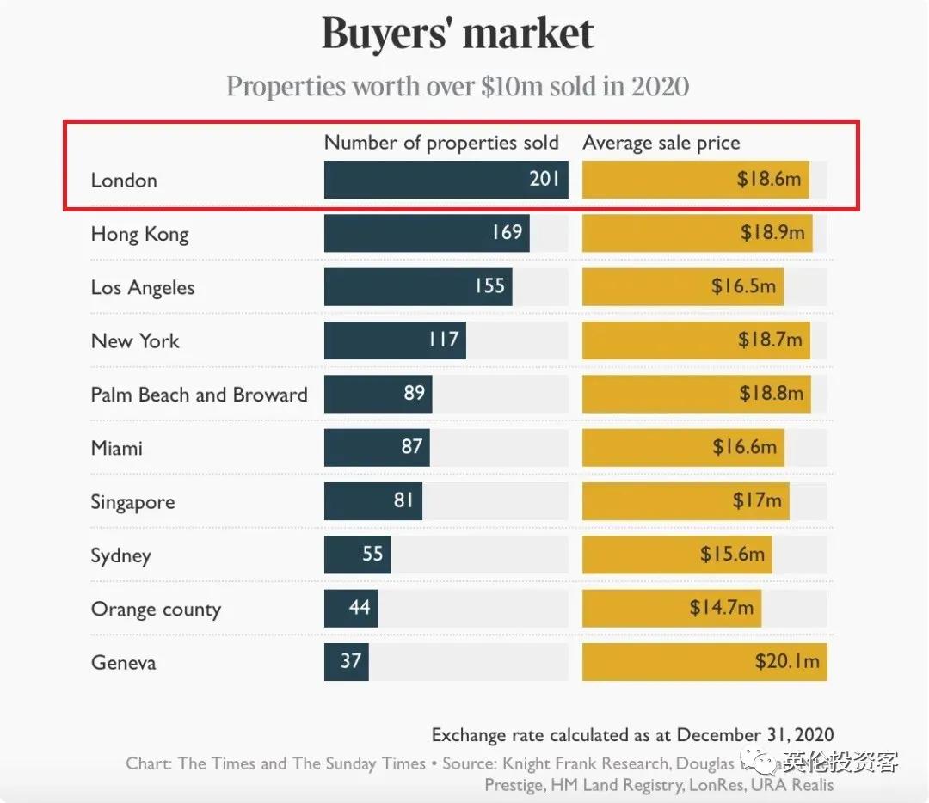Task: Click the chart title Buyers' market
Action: pos(458,34)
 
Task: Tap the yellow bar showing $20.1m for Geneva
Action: pos(704,662)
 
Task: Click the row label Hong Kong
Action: pos(139,234)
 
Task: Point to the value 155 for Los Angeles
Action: pos(489,286)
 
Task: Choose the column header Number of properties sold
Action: pos(441,143)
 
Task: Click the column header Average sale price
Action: pos(661,143)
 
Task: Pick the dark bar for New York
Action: pos(394,340)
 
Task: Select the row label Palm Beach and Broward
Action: pos(199,395)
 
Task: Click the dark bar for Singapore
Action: pos(372,501)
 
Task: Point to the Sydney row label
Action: pos(120,555)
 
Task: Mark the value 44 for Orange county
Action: pos(360,609)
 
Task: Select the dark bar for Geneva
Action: pos(346,662)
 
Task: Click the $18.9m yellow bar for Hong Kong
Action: pos(697,234)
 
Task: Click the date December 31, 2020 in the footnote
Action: pos(755,735)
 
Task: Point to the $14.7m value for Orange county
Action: pos(721,609)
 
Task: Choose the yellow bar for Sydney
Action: pos(676,555)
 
